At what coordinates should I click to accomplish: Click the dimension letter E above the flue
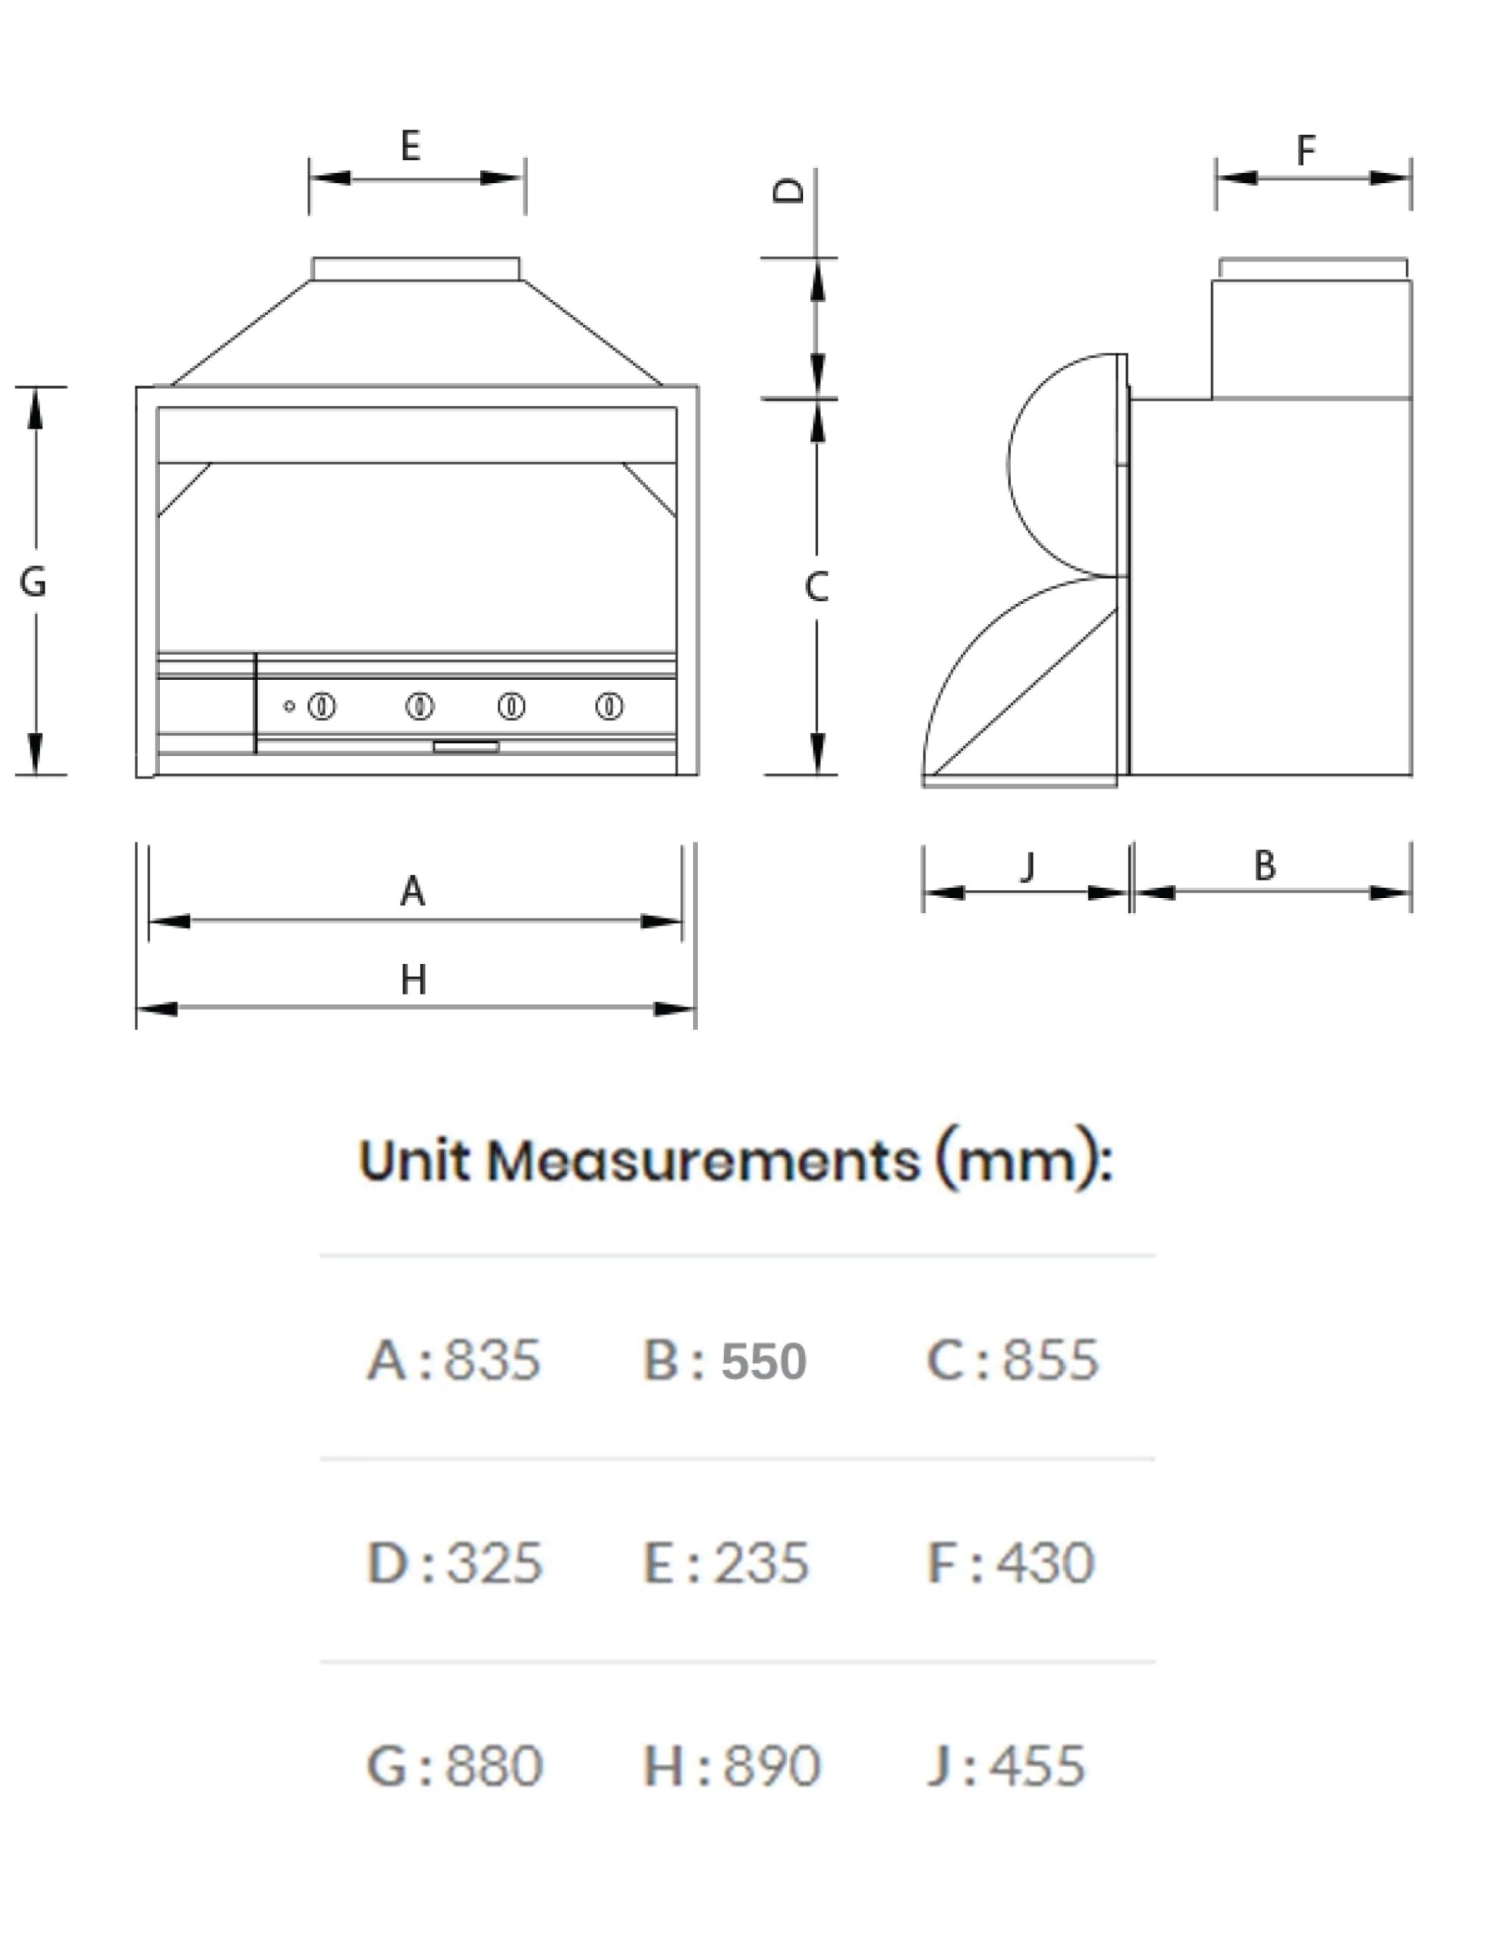pyautogui.click(x=411, y=145)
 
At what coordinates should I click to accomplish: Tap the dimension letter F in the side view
pyautogui.click(x=1305, y=150)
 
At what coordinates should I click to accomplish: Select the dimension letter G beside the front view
pyautogui.click(x=33, y=582)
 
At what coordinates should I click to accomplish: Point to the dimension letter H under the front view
pyautogui.click(x=413, y=980)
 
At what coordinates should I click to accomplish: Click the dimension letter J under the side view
pyautogui.click(x=1027, y=866)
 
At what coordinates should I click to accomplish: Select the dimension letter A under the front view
pyautogui.click(x=412, y=890)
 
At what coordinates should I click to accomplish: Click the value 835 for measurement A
pyautogui.click(x=492, y=1359)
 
